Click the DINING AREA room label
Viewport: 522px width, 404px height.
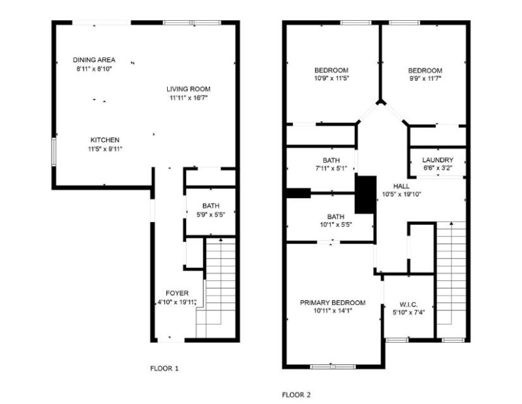click(x=94, y=60)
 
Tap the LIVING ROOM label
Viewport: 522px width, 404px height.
click(x=188, y=89)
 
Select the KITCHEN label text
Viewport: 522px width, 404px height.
click(x=104, y=140)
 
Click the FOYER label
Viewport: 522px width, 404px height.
click(x=177, y=293)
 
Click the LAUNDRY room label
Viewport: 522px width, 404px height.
click(x=437, y=160)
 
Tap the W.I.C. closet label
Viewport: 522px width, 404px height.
click(x=408, y=304)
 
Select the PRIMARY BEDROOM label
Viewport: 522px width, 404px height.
click(x=332, y=302)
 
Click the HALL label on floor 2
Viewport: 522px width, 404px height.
click(x=401, y=185)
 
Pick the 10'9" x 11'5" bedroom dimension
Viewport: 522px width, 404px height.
click(x=331, y=79)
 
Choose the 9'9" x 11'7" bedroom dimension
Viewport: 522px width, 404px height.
click(x=425, y=79)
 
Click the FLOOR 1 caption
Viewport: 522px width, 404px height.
click(x=164, y=368)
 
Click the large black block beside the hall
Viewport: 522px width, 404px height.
click(x=365, y=194)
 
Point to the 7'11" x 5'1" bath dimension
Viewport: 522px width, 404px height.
click(x=331, y=169)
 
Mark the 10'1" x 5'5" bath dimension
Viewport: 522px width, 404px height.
click(x=335, y=225)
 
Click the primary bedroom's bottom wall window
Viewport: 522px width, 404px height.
click(x=333, y=367)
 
